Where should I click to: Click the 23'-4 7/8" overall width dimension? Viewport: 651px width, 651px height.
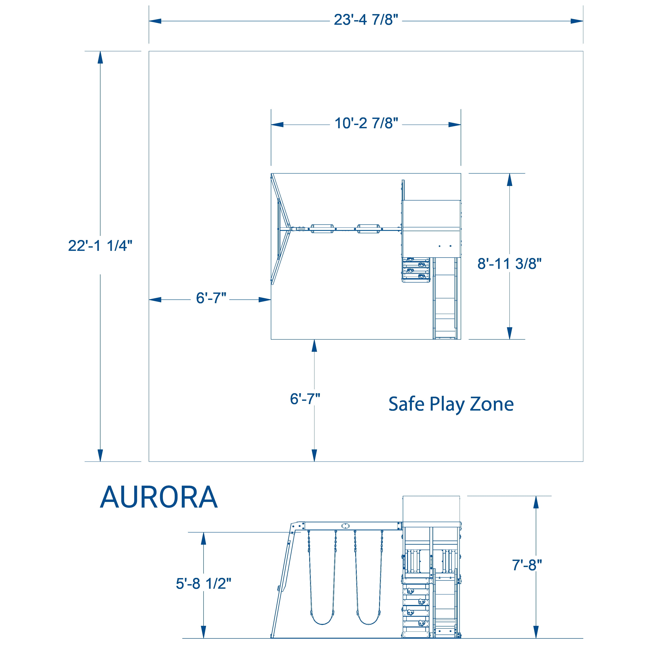pyautogui.click(x=366, y=20)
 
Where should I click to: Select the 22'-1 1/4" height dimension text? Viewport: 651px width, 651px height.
pyautogui.click(x=100, y=246)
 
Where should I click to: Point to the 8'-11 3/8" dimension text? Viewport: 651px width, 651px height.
pyautogui.click(x=509, y=264)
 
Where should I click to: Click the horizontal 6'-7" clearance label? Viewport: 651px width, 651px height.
pyautogui.click(x=211, y=298)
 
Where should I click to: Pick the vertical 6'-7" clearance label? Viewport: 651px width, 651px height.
pyautogui.click(x=305, y=399)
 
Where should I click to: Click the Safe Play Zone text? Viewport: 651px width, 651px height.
pyautogui.click(x=451, y=404)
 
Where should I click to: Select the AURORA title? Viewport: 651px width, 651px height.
pyautogui.click(x=159, y=498)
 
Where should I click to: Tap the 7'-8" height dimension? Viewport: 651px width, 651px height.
pyautogui.click(x=527, y=565)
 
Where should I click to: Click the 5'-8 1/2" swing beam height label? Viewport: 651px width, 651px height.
pyautogui.click(x=204, y=584)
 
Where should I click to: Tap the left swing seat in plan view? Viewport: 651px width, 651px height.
pyautogui.click(x=322, y=229)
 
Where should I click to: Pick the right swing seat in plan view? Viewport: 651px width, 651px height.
pyautogui.click(x=369, y=229)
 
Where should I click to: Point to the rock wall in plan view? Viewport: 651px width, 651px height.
pyautogui.click(x=416, y=270)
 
